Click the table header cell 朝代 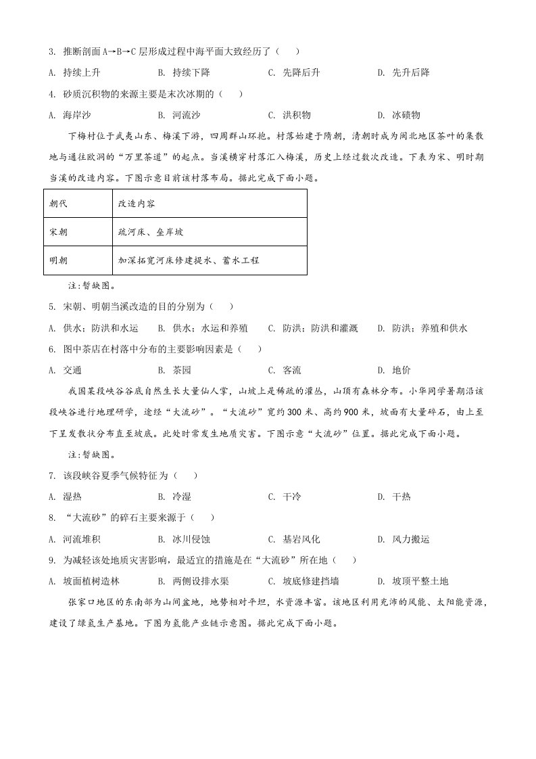pyautogui.click(x=59, y=204)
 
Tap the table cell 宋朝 pyautogui.click(x=59, y=232)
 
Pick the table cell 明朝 pyautogui.click(x=59, y=260)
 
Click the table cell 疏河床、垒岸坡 pyautogui.click(x=150, y=232)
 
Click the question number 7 pyautogui.click(x=51, y=476)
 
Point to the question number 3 pyautogui.click(x=51, y=51)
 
